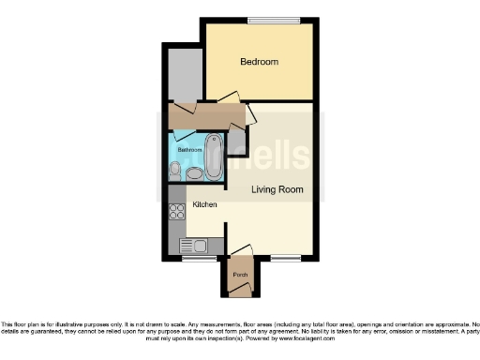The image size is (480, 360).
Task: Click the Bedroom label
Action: point(259,62)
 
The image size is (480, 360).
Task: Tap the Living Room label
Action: point(277,189)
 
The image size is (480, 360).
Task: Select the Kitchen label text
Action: point(204,204)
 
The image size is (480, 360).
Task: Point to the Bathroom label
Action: point(190,149)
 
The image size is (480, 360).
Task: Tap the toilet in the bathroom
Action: point(175,171)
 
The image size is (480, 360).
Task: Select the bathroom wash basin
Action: point(194,173)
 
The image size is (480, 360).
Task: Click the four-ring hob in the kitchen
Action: point(175,213)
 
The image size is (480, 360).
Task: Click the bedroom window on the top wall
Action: point(273,20)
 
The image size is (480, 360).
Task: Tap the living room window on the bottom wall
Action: point(285,258)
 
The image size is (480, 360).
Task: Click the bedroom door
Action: point(228,97)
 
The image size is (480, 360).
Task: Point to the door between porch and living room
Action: point(241,250)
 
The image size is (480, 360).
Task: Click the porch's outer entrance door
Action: point(240,294)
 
